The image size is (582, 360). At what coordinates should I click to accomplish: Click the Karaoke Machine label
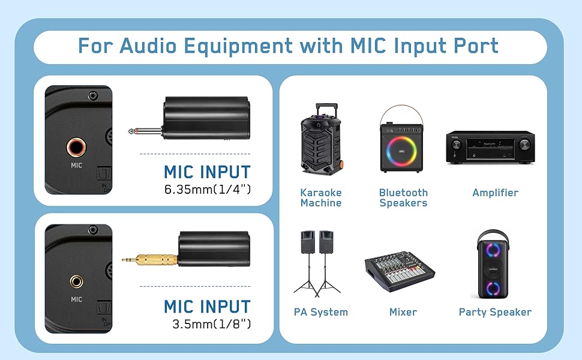coord(320,198)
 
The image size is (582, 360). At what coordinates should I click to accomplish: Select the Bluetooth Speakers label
coord(403,198)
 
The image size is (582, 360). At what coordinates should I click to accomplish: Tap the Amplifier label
coord(495,193)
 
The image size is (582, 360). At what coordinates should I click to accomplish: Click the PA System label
coord(320,312)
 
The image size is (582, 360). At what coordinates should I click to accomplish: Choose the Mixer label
coord(403,312)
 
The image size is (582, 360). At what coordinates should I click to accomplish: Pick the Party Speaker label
coord(495,312)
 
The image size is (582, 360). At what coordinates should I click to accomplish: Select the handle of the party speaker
coord(495,235)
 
